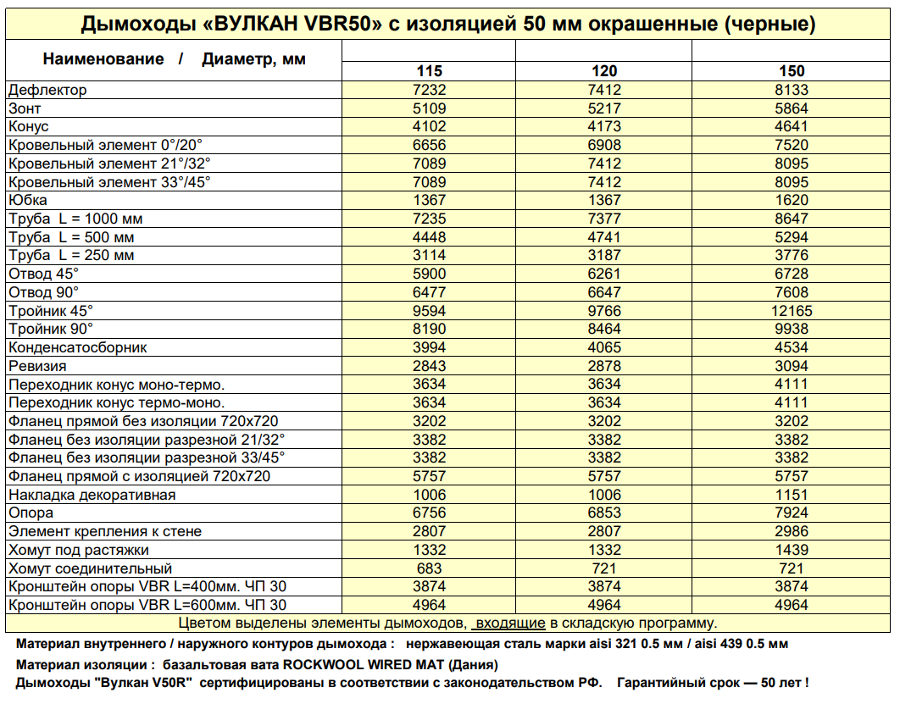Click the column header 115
429,71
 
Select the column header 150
792,71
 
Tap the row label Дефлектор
47,90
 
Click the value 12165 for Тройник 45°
792,311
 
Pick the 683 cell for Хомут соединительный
429,568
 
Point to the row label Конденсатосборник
78,347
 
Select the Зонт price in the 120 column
603,108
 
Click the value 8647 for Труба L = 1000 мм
792,219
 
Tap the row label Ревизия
37,366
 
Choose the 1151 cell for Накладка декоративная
792,495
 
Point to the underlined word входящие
509,624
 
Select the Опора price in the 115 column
429,513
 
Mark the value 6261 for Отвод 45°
603,274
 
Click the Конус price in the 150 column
792,127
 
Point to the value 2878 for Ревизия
603,366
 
